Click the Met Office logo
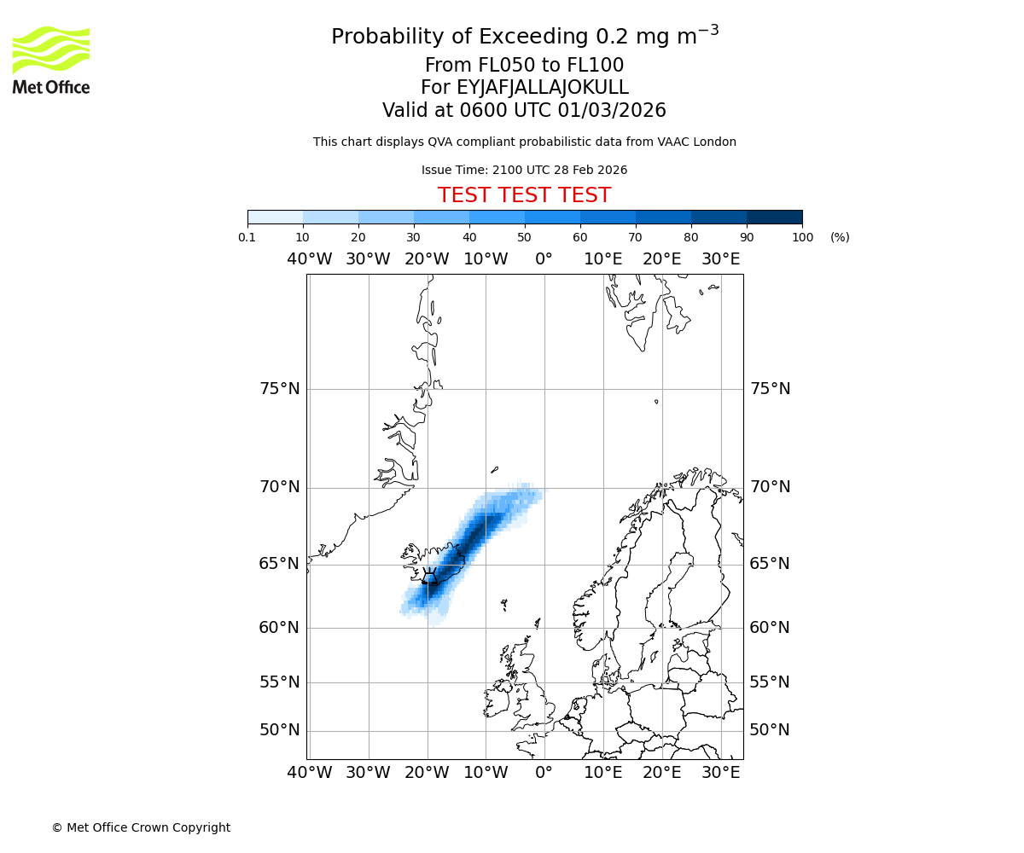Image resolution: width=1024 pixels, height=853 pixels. point(51,60)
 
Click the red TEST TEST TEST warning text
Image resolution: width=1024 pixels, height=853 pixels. point(524,195)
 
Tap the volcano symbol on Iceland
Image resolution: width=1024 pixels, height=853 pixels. point(430,576)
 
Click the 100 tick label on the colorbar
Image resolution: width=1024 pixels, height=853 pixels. point(802,237)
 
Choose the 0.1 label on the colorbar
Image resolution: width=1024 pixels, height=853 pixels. point(247,237)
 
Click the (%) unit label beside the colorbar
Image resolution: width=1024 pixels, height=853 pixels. point(840,237)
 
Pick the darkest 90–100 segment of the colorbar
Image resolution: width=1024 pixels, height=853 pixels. point(774,217)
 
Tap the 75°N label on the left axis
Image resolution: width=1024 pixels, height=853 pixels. point(280,389)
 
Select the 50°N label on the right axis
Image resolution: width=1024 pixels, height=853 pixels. point(770,730)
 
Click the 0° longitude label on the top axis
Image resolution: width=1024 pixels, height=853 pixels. point(544,259)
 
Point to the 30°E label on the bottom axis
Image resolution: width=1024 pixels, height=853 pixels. point(721,773)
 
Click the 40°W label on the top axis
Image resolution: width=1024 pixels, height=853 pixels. point(309,259)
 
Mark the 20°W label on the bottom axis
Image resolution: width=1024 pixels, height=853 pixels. point(427,773)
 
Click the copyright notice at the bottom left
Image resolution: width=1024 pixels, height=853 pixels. point(141,827)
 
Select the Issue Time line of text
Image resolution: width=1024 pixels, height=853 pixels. point(524,170)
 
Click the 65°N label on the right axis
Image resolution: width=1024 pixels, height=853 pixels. point(770,564)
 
